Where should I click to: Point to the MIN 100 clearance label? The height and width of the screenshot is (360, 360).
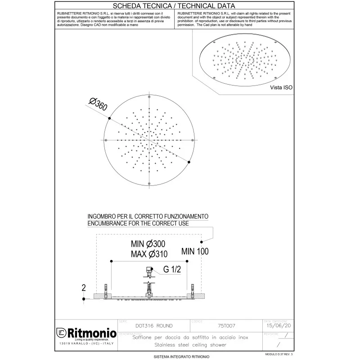click(x=194, y=252)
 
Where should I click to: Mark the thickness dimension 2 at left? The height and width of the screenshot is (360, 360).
click(x=84, y=287)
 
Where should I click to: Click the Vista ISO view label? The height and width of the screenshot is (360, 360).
click(x=281, y=88)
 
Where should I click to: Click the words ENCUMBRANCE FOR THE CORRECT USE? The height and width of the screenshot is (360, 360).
click(x=138, y=224)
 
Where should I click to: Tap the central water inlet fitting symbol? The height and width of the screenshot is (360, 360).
click(x=148, y=271)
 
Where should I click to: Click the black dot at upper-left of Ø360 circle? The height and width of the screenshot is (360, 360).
click(x=109, y=118)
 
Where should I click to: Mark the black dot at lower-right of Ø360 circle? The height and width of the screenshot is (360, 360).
click(x=189, y=162)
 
